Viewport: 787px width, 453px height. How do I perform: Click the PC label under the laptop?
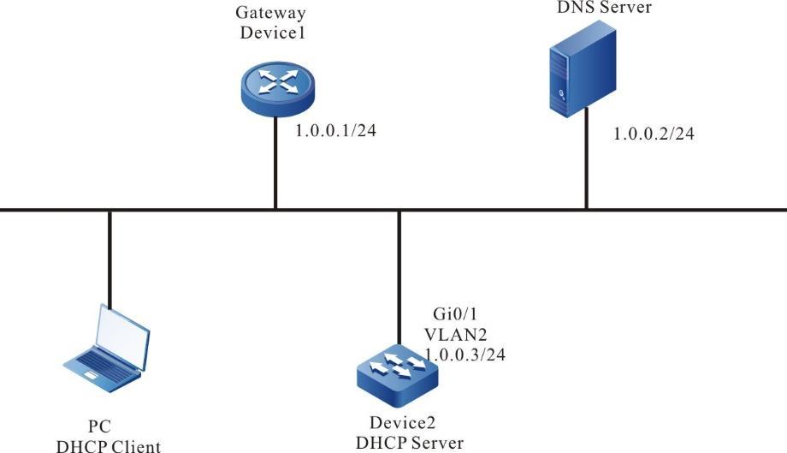99,426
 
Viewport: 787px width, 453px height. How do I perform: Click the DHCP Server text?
410,442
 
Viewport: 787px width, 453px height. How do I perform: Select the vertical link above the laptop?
109,257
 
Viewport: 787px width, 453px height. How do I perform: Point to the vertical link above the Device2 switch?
399,274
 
